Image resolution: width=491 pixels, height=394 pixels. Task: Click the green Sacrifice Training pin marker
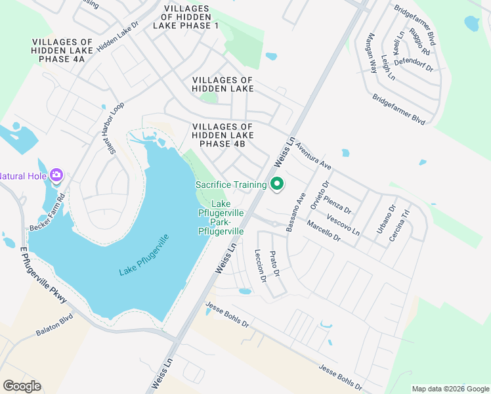click(277, 185)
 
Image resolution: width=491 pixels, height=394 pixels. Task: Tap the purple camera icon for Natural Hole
click(56, 175)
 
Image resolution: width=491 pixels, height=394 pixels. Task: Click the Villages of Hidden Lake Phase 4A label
click(58, 51)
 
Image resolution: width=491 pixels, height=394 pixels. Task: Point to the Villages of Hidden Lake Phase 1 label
click(185, 16)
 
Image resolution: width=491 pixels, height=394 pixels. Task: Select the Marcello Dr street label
click(323, 231)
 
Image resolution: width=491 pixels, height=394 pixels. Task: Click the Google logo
click(22, 386)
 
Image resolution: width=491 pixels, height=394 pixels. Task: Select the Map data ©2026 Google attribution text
click(450, 389)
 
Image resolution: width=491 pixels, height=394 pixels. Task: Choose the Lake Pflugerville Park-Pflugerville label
click(221, 219)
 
